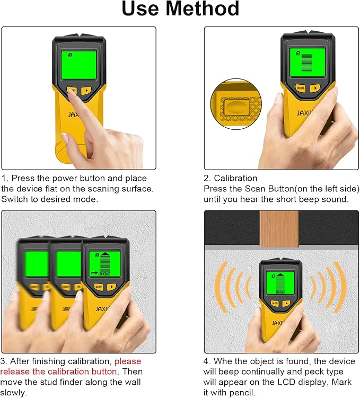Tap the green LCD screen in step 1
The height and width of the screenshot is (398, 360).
78,65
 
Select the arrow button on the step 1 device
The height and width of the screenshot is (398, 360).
86,91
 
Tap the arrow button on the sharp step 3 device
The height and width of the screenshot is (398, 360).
111,287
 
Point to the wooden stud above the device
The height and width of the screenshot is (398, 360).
279,229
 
